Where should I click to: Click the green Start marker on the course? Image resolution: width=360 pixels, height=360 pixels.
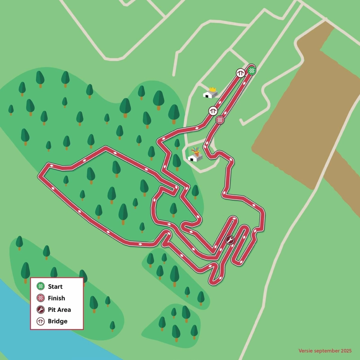click(x=252, y=71)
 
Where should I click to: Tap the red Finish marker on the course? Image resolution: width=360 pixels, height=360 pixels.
click(x=220, y=120)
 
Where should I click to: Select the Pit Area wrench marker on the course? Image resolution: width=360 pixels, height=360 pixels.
click(x=229, y=240)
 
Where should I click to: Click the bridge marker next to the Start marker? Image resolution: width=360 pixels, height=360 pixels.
click(x=241, y=73)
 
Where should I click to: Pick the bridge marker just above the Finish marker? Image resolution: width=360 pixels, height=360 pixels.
click(x=213, y=111)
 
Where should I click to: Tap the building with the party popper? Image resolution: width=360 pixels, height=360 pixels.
click(x=195, y=157)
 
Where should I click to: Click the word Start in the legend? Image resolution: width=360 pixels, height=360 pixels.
click(x=55, y=287)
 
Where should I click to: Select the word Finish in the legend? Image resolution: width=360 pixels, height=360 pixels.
click(x=56, y=298)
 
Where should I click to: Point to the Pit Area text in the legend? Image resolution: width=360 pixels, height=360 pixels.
click(x=59, y=310)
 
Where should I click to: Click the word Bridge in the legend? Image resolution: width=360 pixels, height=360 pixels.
click(x=57, y=321)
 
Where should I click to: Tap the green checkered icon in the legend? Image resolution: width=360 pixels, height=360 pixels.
click(x=41, y=286)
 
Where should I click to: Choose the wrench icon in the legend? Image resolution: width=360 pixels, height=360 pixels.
click(x=41, y=309)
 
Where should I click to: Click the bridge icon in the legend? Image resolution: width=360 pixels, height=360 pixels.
click(x=41, y=321)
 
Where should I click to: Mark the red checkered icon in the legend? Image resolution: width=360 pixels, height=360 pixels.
click(x=41, y=298)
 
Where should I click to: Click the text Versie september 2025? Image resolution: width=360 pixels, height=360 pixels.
click(x=325, y=351)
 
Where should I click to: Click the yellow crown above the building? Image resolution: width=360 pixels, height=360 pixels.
click(x=213, y=89)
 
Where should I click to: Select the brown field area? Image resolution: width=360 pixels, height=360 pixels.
click(x=305, y=114)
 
